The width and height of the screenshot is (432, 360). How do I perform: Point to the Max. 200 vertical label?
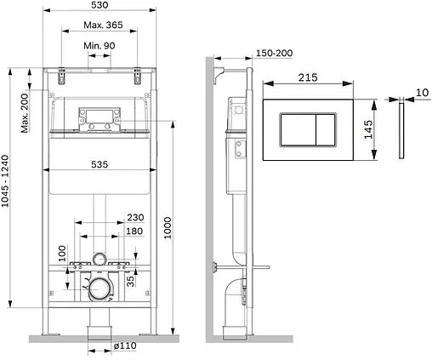coord(25,108)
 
